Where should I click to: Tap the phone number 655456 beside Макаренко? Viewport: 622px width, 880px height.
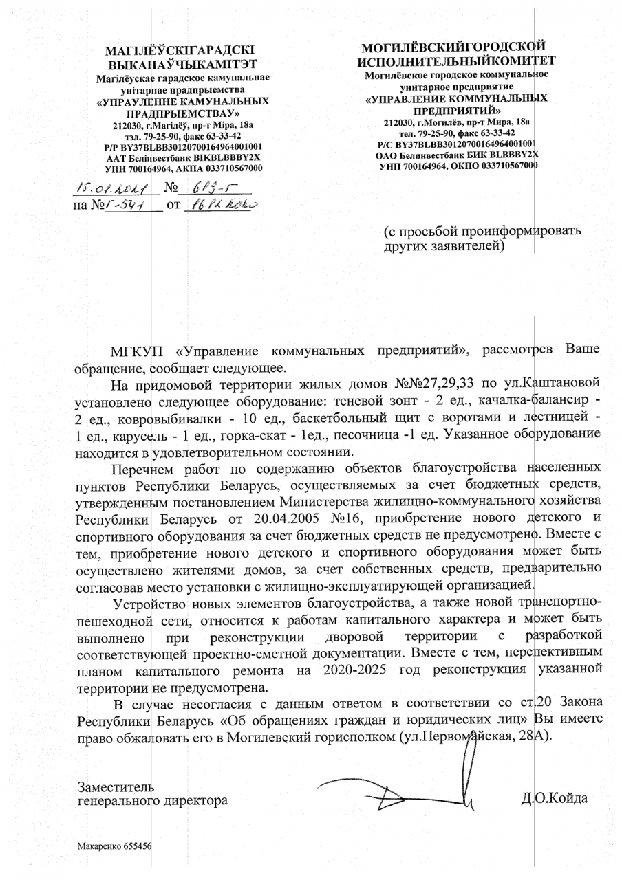click(138, 847)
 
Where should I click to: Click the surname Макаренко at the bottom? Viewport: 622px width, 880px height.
click(99, 847)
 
